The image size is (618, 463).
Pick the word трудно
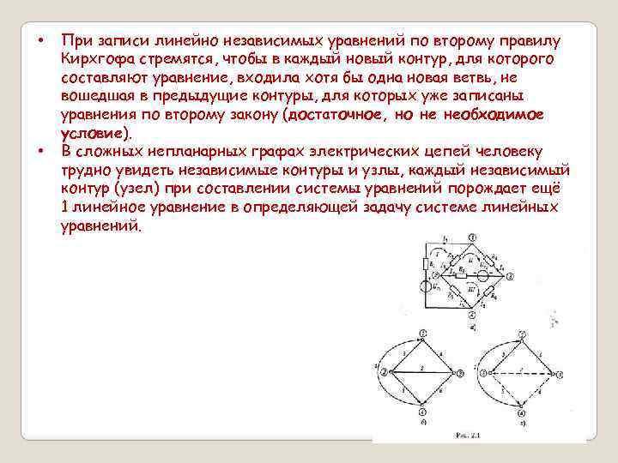click(x=85, y=171)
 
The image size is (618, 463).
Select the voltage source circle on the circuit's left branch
click(x=425, y=287)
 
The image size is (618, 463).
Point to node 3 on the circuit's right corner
click(x=512, y=275)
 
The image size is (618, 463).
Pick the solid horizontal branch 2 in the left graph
click(x=421, y=373)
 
